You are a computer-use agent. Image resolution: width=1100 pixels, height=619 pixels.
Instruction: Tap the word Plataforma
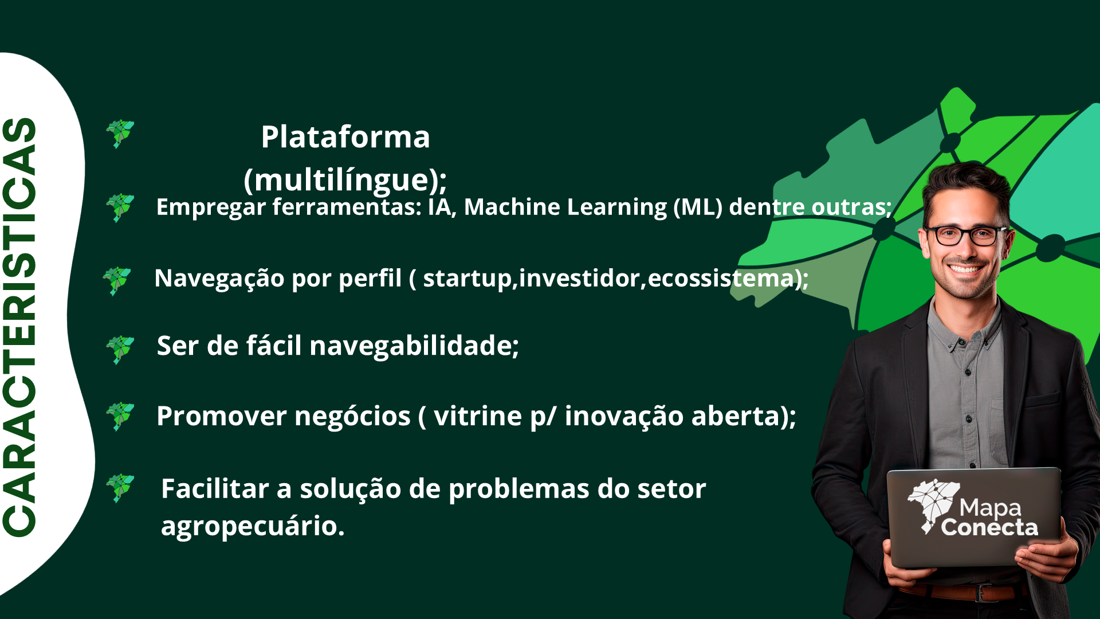click(x=345, y=137)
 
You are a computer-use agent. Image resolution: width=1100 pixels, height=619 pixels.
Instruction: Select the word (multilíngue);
click(x=345, y=180)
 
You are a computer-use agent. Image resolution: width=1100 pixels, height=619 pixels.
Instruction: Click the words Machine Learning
click(x=565, y=207)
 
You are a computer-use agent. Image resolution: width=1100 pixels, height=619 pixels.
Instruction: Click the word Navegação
click(x=219, y=279)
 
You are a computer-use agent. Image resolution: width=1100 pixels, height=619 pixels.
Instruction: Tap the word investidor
click(x=579, y=278)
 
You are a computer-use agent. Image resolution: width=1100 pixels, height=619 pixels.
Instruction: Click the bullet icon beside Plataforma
click(x=120, y=134)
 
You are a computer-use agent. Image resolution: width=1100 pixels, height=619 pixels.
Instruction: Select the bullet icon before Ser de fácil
click(x=120, y=350)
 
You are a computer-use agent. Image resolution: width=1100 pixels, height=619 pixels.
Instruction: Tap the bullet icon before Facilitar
click(x=120, y=488)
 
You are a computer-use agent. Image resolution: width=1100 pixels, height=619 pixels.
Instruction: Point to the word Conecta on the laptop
click(x=989, y=527)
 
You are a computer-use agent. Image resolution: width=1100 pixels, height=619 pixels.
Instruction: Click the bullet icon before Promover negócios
click(x=120, y=416)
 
